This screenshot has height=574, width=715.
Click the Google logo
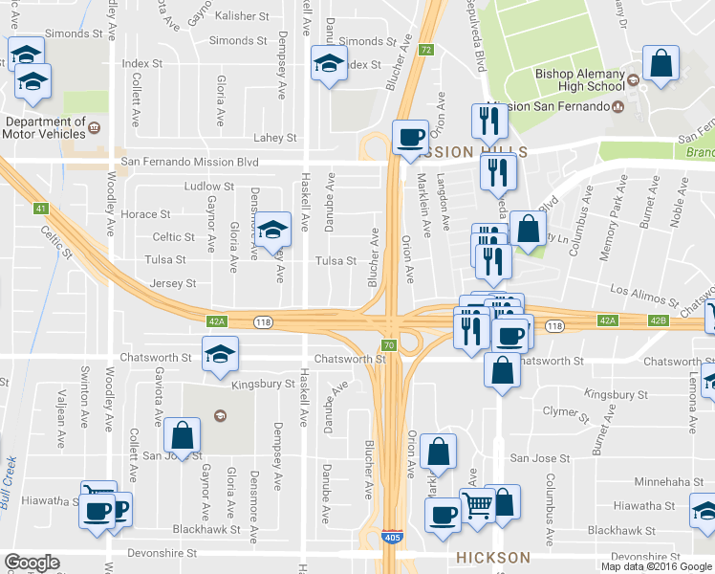coord(32,563)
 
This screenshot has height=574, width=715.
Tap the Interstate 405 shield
coord(392,541)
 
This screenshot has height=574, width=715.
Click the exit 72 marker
coord(426,49)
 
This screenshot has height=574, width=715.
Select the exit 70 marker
coord(388,344)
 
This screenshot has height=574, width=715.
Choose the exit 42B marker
coord(657,320)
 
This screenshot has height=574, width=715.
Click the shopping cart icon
coord(478,503)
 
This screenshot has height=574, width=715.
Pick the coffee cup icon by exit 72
coord(410,136)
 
